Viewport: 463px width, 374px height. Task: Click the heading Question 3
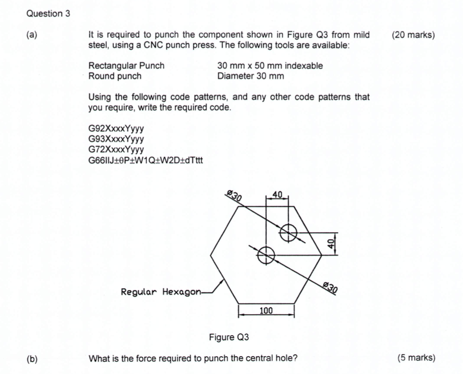tap(48, 13)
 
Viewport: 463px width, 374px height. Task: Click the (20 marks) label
tap(413, 35)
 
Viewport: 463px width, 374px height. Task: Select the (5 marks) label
tap(416, 358)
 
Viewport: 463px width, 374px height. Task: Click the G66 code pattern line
tap(146, 160)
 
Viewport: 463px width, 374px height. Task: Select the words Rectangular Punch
tap(126, 66)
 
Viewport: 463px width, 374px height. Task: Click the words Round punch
tap(115, 76)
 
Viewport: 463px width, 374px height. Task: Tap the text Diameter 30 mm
tap(251, 76)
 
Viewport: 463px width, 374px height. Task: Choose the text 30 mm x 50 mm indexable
tap(270, 66)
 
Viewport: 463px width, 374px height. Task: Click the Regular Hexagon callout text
tap(161, 291)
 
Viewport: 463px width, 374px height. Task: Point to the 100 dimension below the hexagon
tap(266, 311)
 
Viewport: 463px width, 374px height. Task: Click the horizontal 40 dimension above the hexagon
tap(277, 194)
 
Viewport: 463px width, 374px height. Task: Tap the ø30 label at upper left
tap(234, 195)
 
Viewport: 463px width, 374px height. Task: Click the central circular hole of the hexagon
tap(266, 254)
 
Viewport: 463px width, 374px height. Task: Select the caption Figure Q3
tap(229, 338)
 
